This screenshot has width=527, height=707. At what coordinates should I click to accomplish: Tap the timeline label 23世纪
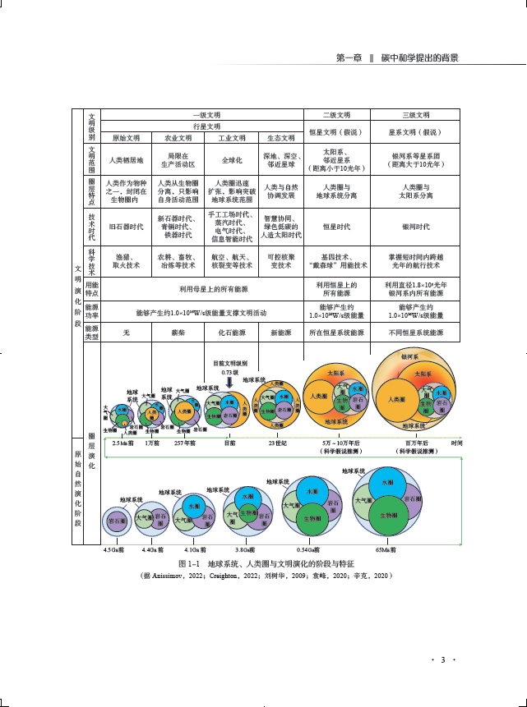click(277, 443)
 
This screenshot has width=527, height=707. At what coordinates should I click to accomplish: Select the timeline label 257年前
click(184, 443)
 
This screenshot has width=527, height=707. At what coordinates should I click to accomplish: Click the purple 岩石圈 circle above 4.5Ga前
click(116, 521)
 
